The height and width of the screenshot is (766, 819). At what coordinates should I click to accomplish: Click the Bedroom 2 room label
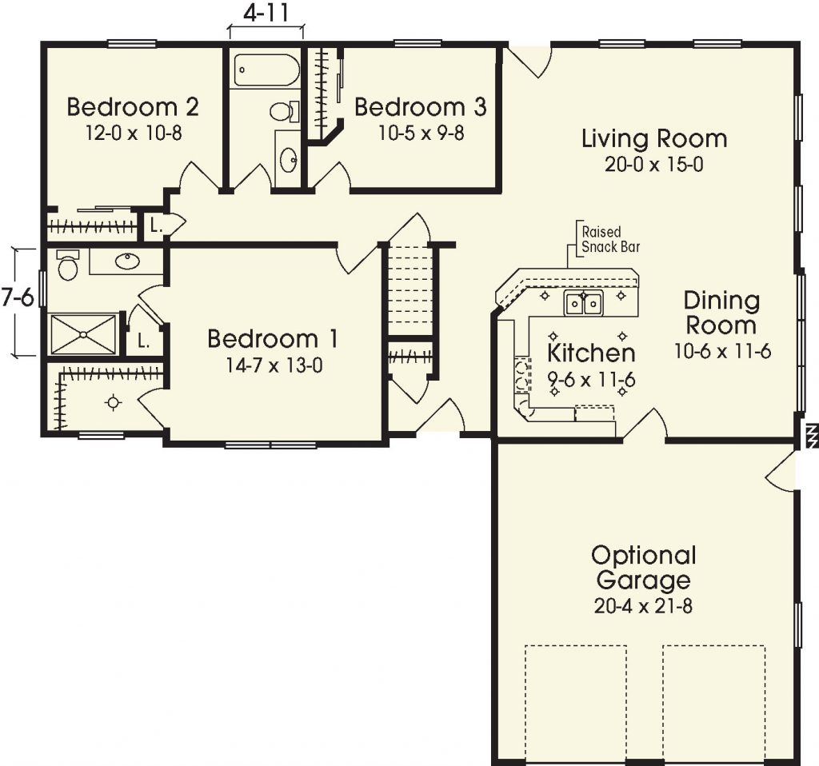tap(133, 106)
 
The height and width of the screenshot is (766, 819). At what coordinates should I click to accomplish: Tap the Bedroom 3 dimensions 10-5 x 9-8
tap(421, 132)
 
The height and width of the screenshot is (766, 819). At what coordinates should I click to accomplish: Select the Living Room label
tap(654, 138)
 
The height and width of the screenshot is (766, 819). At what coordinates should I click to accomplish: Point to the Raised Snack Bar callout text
tap(610, 239)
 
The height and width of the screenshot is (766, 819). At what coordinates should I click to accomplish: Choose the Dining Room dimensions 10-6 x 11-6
tap(721, 352)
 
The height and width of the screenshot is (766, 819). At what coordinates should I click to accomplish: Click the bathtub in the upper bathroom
tap(266, 70)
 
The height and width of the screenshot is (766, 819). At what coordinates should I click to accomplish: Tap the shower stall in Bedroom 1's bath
tap(83, 334)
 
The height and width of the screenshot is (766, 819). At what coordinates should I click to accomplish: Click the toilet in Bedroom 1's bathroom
tap(68, 265)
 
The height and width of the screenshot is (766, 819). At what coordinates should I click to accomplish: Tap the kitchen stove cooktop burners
tap(521, 376)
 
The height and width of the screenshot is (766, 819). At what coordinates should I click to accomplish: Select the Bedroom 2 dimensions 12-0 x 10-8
tap(134, 133)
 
